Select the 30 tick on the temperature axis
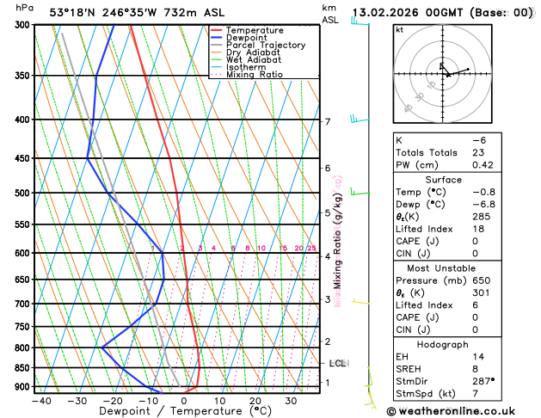pyautogui.click(x=291, y=400)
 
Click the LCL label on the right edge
pyautogui.click(x=337, y=363)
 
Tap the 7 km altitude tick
pyautogui.click(x=327, y=121)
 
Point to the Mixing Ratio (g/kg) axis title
pyautogui.click(x=338, y=241)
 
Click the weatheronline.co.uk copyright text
pyautogui.click(x=463, y=410)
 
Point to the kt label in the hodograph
pyautogui.click(x=399, y=30)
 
